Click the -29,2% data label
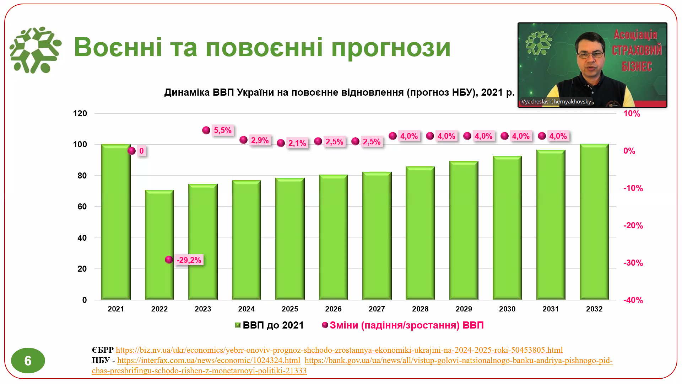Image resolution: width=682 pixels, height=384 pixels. tap(189, 260)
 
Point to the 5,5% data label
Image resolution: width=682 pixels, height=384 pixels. tap(223, 130)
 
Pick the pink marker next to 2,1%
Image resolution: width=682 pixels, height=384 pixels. tap(281, 143)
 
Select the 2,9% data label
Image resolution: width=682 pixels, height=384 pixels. tap(260, 140)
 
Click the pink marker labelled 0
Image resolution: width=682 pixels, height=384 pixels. tap(131, 151)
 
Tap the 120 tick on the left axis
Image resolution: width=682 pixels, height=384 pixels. tap(80, 114)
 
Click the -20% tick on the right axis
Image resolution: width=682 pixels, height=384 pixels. tap(633, 225)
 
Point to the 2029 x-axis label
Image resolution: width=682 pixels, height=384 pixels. tap(464, 309)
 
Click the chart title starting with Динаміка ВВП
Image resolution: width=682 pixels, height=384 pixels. tap(339, 92)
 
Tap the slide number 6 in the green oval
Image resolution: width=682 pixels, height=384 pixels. tap(28, 361)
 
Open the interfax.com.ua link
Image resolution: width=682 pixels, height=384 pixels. tap(209, 360)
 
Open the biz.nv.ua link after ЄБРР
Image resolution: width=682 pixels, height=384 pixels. tap(339, 350)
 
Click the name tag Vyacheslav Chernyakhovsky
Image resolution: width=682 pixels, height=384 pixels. tap(556, 102)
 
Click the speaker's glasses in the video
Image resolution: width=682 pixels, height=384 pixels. tap(590, 55)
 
